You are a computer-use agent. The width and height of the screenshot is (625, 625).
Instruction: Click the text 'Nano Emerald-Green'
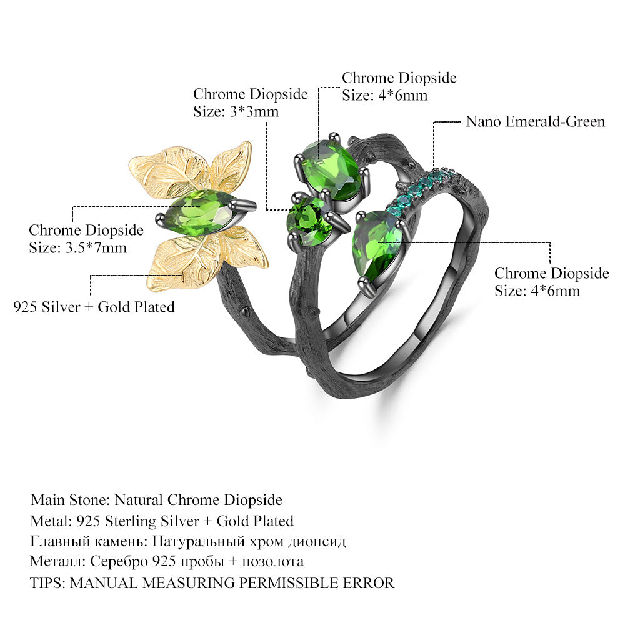pos(535,121)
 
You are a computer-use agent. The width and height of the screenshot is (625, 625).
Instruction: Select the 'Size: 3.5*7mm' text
pos(78,247)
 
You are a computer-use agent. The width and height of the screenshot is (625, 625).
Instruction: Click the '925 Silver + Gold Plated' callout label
pos(94,307)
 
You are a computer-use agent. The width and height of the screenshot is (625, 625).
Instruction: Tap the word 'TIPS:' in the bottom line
pos(48,583)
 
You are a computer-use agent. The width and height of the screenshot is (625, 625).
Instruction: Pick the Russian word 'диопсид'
pos(317,541)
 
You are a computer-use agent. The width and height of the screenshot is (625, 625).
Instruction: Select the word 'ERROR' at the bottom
pos(370,583)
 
